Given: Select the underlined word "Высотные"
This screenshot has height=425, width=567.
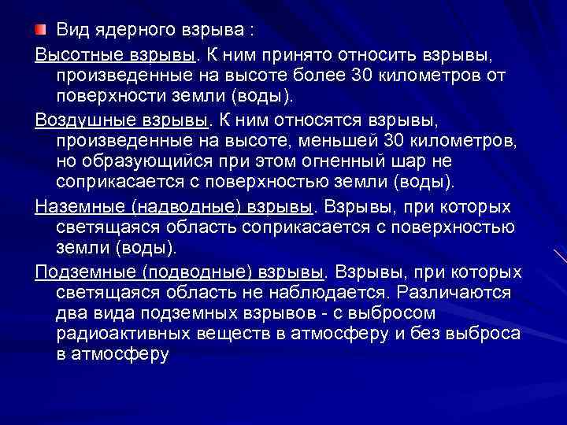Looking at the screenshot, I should (71, 56).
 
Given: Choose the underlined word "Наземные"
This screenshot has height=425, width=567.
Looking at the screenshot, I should (74, 209).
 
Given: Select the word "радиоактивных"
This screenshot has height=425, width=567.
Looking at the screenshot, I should (119, 334).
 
